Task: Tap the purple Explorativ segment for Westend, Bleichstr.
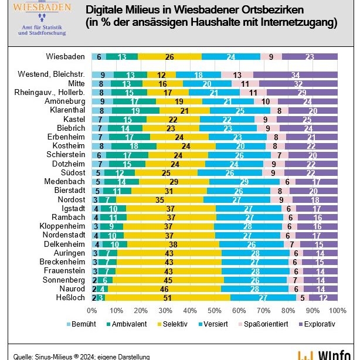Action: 296,74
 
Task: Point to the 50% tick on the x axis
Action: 215,310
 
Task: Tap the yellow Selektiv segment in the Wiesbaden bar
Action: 169,56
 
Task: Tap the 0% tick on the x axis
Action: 92,310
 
